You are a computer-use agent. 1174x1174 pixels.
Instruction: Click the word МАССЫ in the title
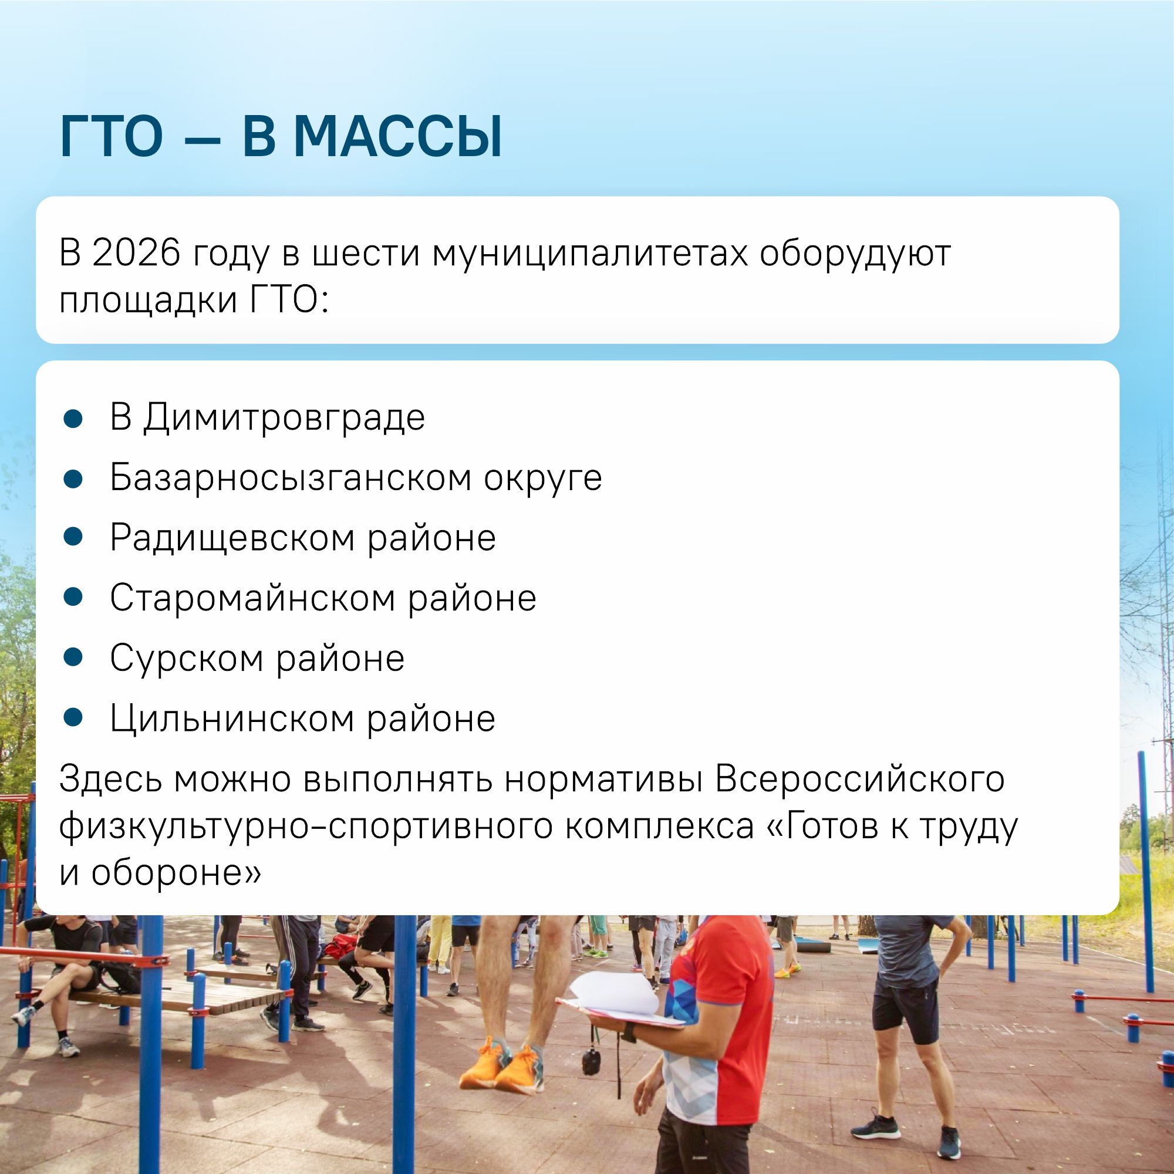(398, 137)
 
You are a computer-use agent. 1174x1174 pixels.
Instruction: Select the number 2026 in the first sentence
(137, 253)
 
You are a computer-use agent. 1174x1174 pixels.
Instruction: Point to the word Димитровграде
(284, 417)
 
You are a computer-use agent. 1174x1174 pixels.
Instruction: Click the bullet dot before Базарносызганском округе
(73, 478)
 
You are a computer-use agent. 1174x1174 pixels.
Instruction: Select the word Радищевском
(232, 538)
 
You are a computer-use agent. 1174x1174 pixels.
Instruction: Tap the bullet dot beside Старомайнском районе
(73, 598)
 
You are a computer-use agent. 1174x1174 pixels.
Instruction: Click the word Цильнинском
(232, 719)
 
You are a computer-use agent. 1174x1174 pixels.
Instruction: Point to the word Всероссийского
(860, 779)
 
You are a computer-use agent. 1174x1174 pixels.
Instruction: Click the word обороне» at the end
(176, 873)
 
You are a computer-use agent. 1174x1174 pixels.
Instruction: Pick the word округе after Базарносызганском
(542, 478)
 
